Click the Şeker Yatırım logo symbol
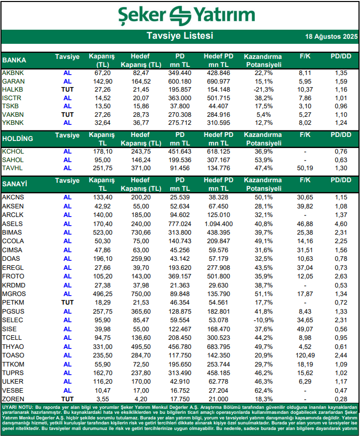180,15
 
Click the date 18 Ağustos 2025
331,37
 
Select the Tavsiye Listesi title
180,36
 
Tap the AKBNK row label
13,73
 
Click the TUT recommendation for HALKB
67,89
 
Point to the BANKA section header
15,60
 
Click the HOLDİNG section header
18,138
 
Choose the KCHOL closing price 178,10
102,152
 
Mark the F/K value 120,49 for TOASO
305,356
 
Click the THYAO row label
13,347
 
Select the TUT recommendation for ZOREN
67,398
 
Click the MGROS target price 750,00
142,294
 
